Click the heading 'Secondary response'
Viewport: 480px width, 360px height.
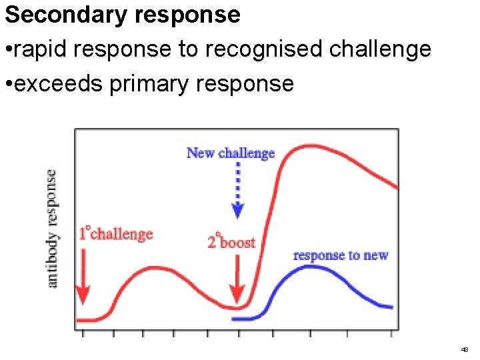click(122, 15)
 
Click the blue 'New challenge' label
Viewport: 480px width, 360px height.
click(231, 153)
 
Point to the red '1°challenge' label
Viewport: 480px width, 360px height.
click(116, 234)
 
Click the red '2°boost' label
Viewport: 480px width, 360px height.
click(231, 241)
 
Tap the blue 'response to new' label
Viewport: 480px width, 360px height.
click(341, 255)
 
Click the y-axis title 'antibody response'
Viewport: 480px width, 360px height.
click(52, 229)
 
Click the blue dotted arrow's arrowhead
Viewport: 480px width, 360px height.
click(237, 211)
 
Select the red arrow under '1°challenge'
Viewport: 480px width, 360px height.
click(83, 280)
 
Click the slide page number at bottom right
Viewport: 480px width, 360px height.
click(464, 349)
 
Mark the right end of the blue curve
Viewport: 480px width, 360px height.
click(391, 307)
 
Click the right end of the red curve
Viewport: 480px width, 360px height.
click(397, 188)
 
